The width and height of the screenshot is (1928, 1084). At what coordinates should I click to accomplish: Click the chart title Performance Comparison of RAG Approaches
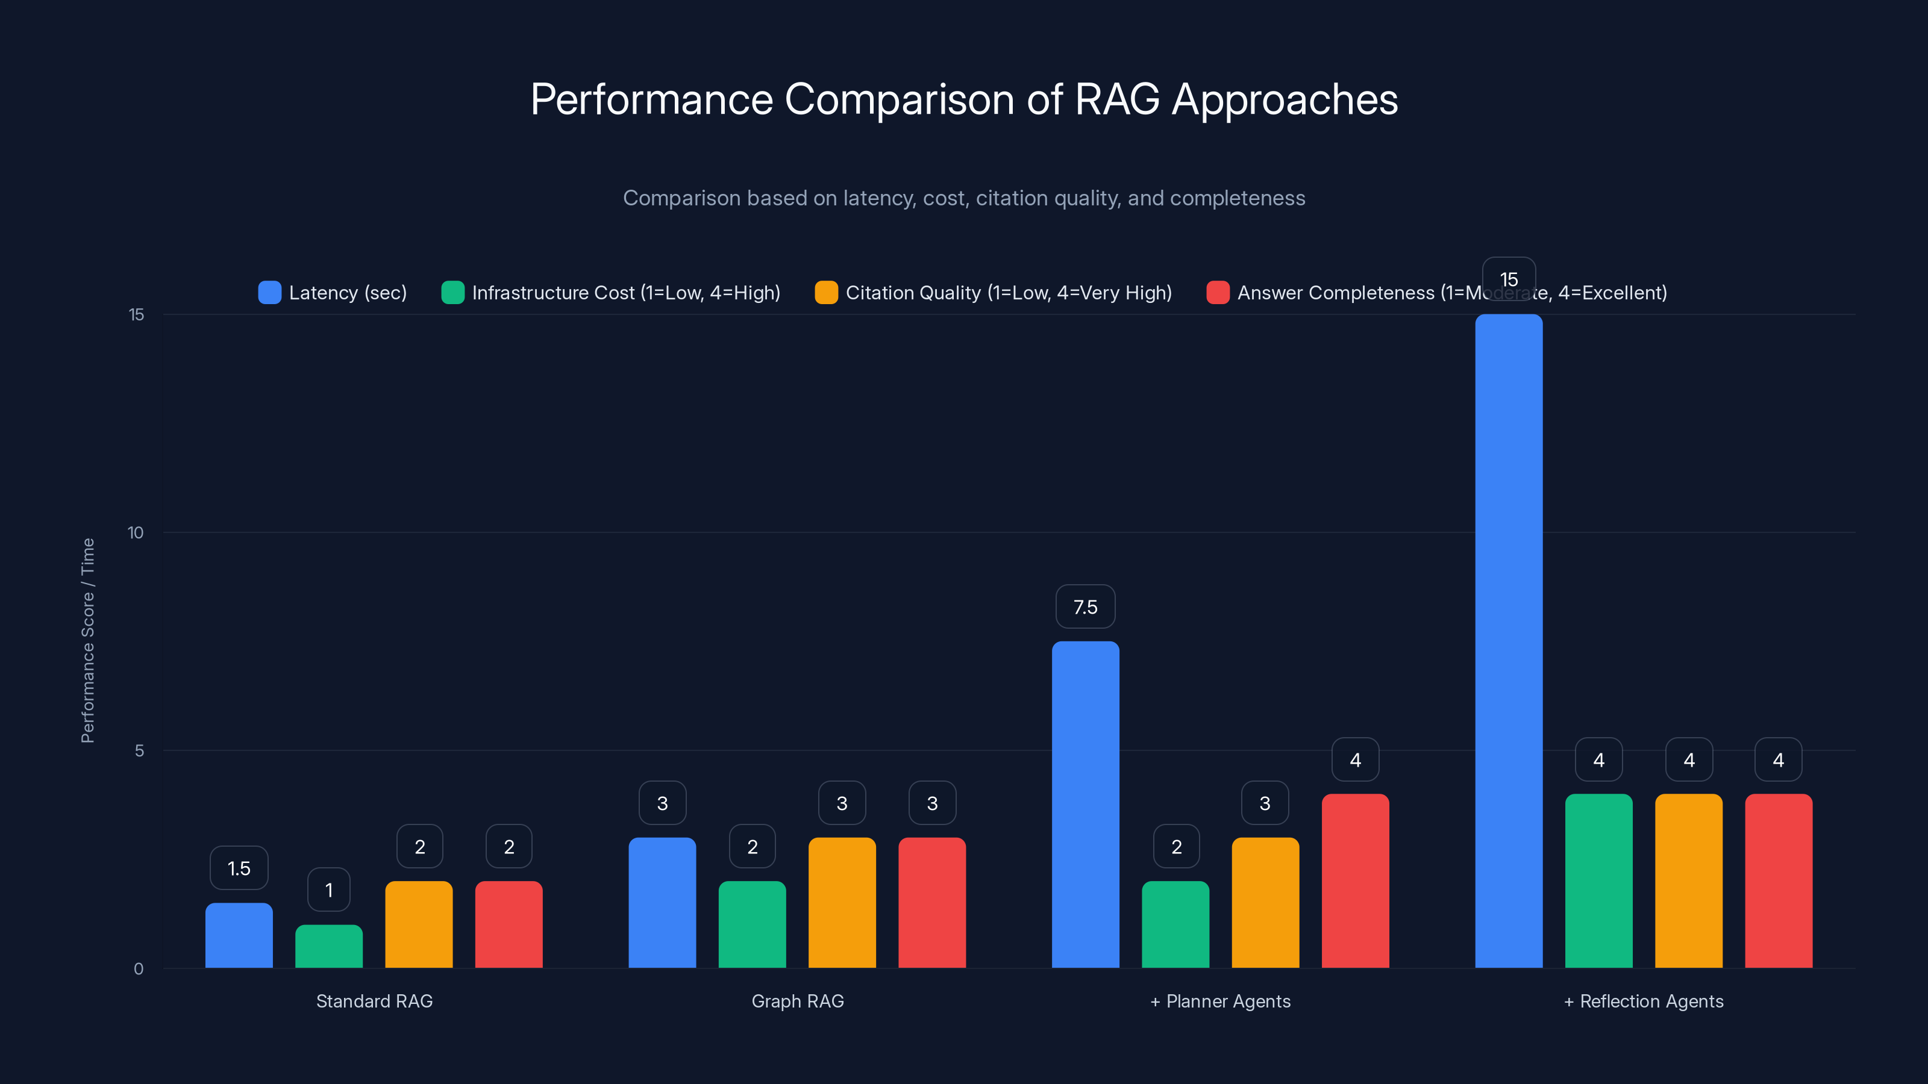coord(964,99)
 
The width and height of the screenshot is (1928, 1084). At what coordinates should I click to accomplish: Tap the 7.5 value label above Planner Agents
coord(1084,606)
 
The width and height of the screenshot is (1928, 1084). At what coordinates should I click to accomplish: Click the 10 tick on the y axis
coord(136,532)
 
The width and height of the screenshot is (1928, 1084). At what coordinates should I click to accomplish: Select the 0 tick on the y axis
coord(139,969)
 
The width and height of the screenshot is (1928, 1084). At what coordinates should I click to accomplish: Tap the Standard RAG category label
coord(374,1001)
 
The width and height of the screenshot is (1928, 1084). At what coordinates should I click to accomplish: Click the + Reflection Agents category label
coord(1644,1001)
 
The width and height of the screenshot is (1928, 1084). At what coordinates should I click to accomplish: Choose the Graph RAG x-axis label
coord(797,1001)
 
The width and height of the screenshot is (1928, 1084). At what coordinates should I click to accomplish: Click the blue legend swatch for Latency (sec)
coord(269,293)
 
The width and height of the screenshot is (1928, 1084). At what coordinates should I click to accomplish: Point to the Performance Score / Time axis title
coord(87,640)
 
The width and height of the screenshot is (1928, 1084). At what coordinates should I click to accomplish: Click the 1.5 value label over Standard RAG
coord(239,868)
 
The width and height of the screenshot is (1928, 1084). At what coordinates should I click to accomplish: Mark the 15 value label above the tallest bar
coord(1508,279)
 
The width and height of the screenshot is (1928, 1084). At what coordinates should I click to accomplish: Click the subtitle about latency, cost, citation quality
coord(964,198)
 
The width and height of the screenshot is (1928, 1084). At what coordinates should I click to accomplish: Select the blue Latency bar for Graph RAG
coord(662,902)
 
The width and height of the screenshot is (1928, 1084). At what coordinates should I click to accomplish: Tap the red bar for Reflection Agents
coord(1779,880)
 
